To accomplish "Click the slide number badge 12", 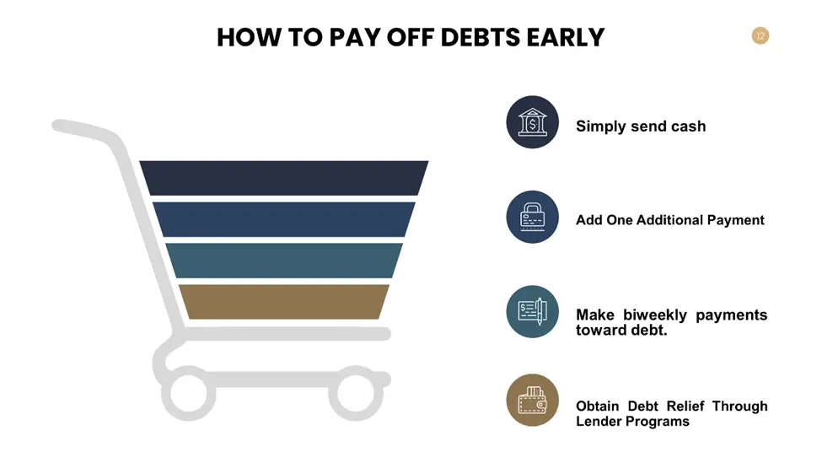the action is (760, 35).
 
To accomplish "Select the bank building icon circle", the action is (532, 122).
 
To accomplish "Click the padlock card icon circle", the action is (532, 217).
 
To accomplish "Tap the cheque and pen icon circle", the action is (532, 311).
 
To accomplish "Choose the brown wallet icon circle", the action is (532, 400).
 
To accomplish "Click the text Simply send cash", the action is (641, 127).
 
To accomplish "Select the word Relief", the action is (685, 406).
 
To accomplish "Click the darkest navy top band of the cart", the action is (283, 178).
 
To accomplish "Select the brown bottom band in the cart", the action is (283, 302).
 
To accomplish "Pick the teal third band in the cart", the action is (283, 261).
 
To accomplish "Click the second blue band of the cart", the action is (283, 220).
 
